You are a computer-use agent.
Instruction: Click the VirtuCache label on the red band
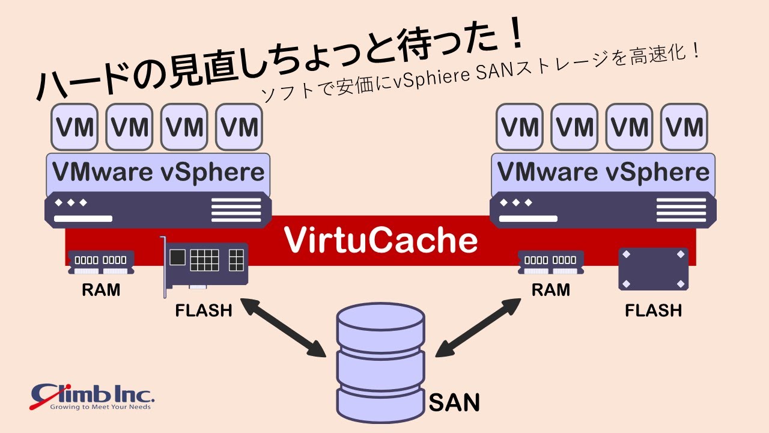tap(381, 240)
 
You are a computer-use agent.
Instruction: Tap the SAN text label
tap(454, 402)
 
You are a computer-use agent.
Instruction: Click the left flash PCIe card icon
tap(205, 264)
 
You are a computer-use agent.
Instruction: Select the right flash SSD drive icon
tap(653, 269)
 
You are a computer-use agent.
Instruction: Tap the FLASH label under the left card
tap(204, 310)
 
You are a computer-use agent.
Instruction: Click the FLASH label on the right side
tap(653, 310)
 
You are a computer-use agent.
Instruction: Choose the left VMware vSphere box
tap(158, 173)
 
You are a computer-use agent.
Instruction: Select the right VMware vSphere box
tap(603, 173)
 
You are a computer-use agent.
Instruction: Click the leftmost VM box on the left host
tap(74, 127)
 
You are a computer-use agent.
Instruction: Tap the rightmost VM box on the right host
tap(684, 127)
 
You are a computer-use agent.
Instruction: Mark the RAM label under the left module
tap(100, 290)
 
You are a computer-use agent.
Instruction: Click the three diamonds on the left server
tap(71, 203)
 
